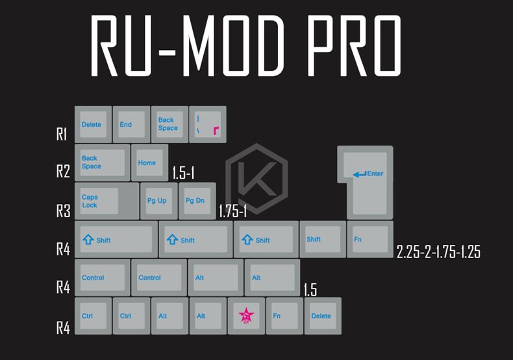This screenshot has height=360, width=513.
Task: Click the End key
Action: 131,124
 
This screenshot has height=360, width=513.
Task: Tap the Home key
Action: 149,162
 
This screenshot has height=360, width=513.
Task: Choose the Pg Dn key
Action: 197,201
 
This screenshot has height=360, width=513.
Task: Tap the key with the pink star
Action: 246,316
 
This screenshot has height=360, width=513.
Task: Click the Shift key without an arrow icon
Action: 322,239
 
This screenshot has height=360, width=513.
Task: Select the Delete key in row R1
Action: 93,124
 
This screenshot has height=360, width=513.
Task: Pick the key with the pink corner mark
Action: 207,124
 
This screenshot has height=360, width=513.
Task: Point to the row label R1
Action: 62,135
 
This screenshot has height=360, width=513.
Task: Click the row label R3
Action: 62,211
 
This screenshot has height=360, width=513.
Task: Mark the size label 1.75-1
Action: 232,211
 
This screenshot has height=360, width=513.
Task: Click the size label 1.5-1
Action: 184,173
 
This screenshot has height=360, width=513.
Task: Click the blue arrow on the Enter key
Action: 359,174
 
